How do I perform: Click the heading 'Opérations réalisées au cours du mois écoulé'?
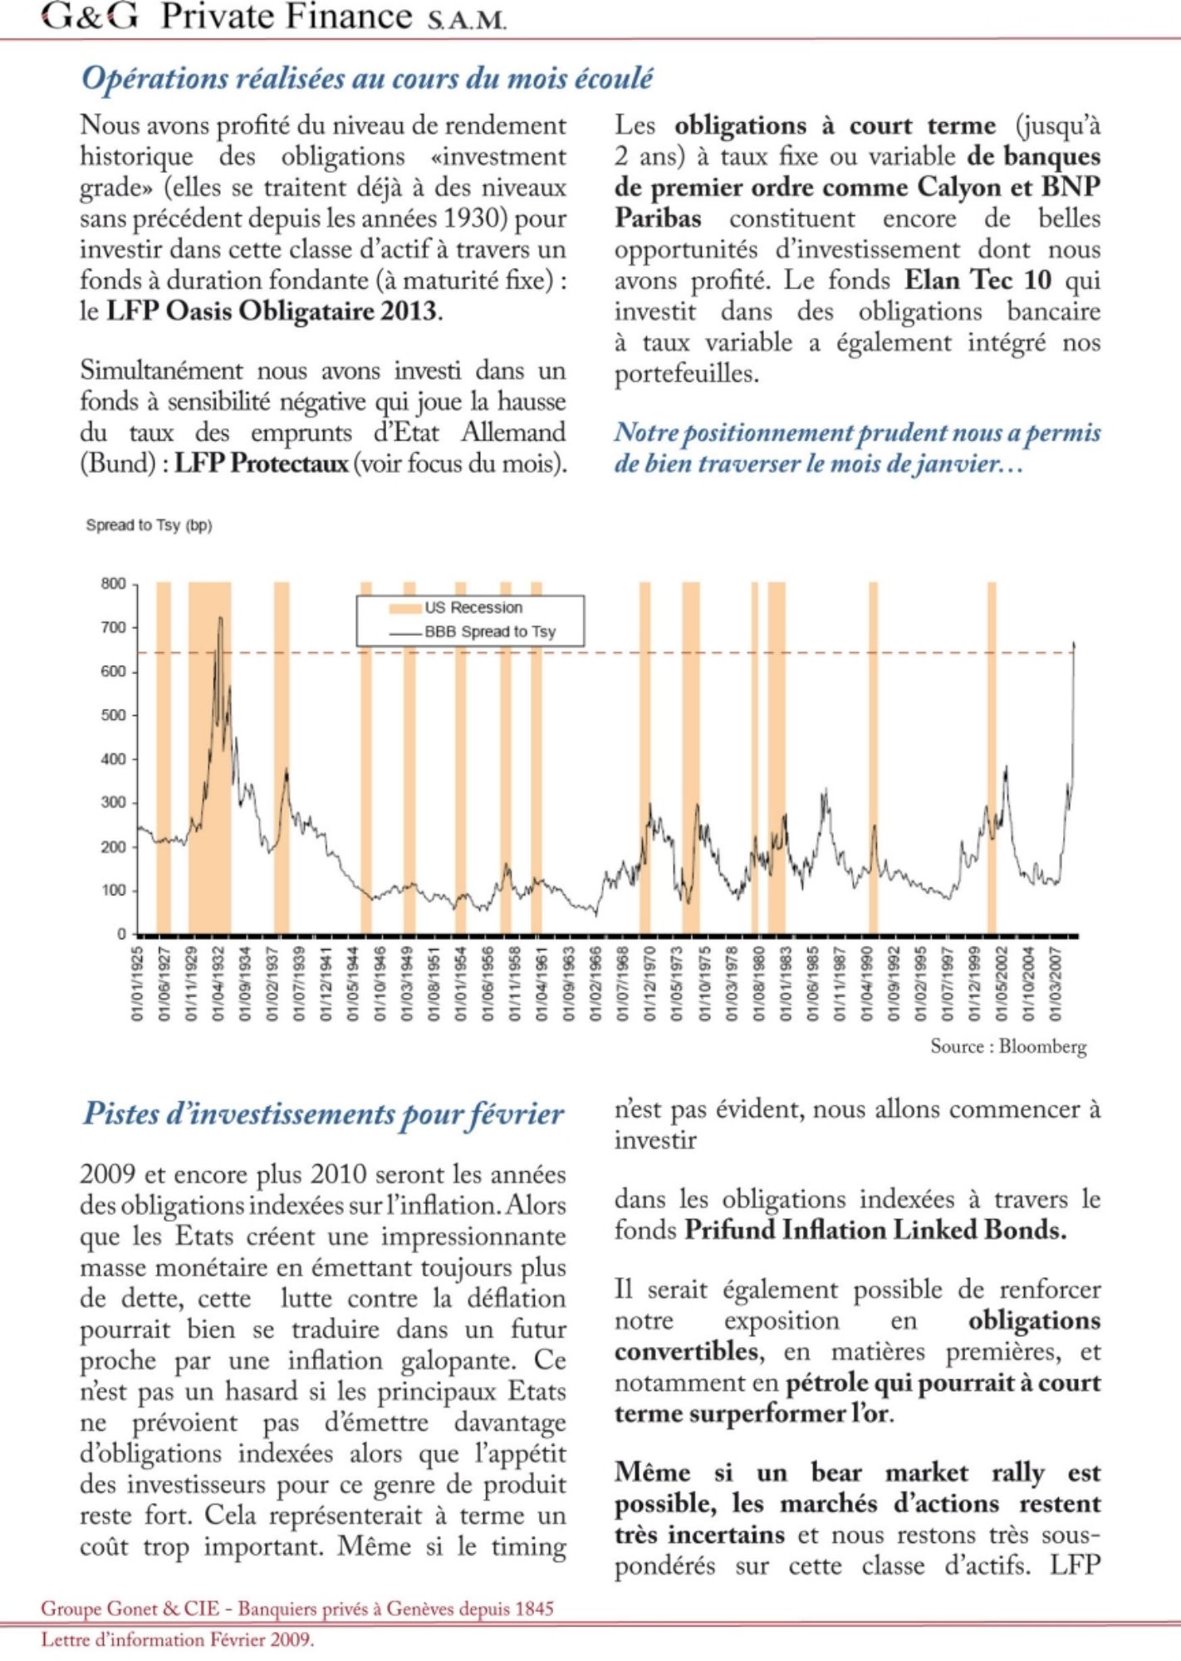(x=366, y=78)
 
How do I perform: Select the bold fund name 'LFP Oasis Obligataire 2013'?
(x=273, y=311)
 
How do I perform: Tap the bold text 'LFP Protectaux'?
(x=261, y=463)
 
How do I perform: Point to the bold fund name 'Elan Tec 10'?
(x=978, y=280)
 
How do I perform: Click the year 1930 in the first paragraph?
(x=473, y=218)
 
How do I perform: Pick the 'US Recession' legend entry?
(x=473, y=608)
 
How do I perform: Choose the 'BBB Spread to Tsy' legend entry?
(x=490, y=632)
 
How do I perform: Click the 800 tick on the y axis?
(x=114, y=584)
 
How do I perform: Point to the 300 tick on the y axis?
(x=114, y=803)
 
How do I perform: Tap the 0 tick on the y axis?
(x=121, y=934)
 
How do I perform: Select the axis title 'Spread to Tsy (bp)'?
(x=149, y=526)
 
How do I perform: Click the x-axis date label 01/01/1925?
(x=138, y=983)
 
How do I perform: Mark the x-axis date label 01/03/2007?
(x=1056, y=983)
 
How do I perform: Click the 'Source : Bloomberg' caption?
(x=1007, y=1046)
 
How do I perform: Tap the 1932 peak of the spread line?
(x=220, y=618)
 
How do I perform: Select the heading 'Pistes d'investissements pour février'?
(x=323, y=1113)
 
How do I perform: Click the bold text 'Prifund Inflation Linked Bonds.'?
(x=875, y=1230)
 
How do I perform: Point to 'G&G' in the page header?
(x=90, y=17)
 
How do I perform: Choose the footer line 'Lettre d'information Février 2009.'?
(x=178, y=1640)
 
